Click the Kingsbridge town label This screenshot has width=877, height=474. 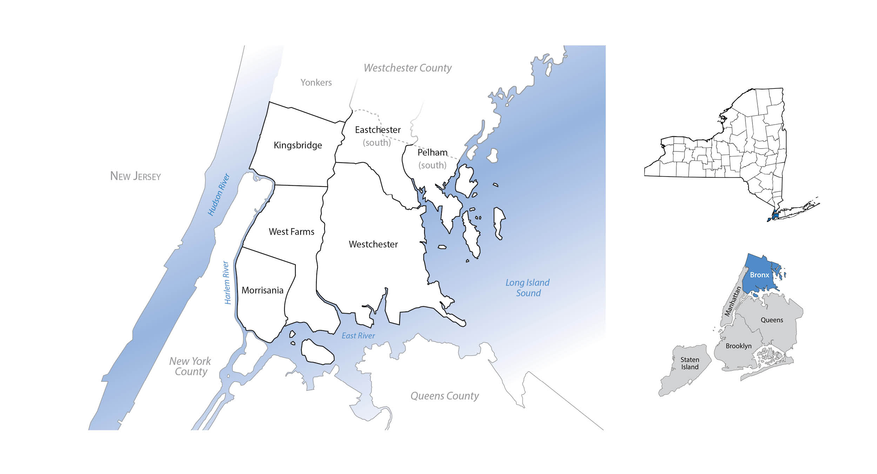pos(298,145)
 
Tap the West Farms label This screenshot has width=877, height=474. pos(292,232)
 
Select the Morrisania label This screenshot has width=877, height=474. pos(262,290)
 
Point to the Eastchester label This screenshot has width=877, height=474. pos(378,130)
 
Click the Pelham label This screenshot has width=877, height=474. pos(433,152)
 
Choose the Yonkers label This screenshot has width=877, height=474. pos(316,83)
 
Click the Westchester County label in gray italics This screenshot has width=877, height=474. pos(408,68)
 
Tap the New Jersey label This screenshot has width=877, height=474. pos(135,176)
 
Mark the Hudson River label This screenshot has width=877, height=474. pos(219,194)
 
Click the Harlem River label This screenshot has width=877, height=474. pos(227,282)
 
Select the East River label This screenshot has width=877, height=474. pos(358,336)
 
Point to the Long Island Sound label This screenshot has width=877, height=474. pos(528,288)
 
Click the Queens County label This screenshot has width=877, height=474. pos(444,396)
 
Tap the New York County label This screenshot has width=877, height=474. pos(190,366)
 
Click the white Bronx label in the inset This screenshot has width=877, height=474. pos(759,275)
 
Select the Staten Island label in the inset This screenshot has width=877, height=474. pos(690,363)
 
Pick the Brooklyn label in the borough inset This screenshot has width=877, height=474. pos(738,346)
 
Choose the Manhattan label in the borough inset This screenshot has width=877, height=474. pos(733,301)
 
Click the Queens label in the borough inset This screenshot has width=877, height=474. pos(772,320)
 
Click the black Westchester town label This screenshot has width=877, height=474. pos(373,244)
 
